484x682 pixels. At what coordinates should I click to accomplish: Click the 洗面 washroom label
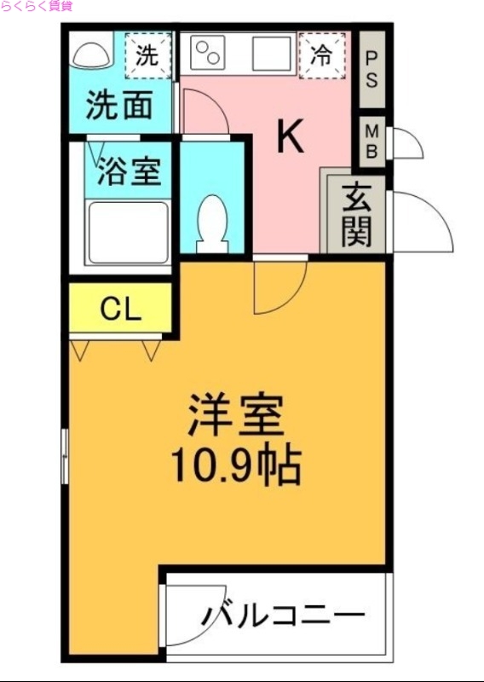tap(120, 106)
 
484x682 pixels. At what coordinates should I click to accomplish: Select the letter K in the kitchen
tap(291, 136)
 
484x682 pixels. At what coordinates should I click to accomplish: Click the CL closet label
tap(119, 309)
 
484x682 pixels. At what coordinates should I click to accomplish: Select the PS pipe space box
tap(372, 70)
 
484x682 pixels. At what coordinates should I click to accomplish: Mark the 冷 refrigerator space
tap(321, 55)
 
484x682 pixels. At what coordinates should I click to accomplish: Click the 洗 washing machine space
tap(147, 55)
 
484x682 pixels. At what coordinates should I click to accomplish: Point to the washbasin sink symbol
tap(91, 55)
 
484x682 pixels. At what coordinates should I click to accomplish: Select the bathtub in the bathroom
tap(128, 233)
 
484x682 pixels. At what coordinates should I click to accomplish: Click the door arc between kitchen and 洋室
tap(279, 286)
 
